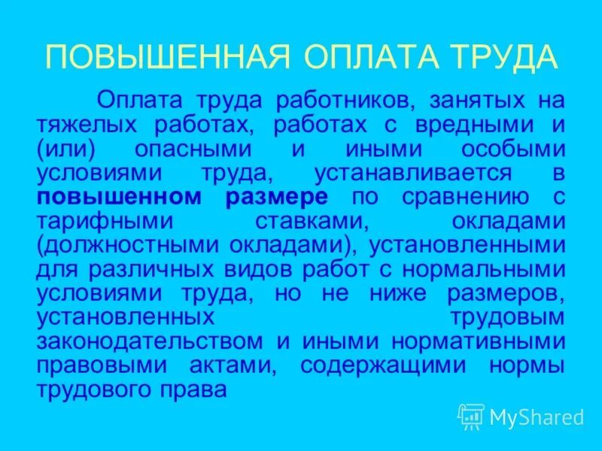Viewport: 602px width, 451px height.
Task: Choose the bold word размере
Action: [276, 198]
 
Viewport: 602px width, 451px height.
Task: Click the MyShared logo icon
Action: [470, 415]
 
